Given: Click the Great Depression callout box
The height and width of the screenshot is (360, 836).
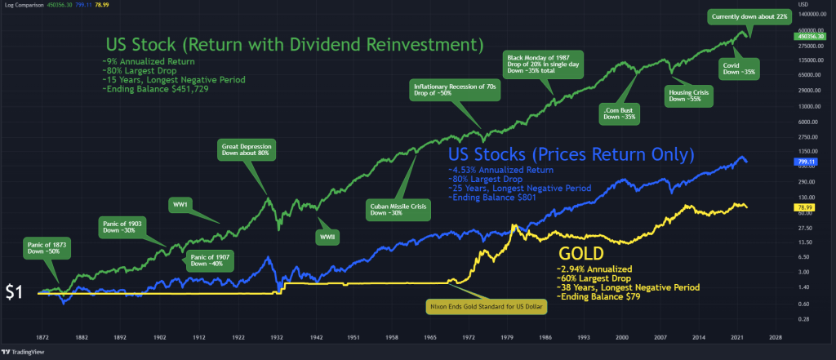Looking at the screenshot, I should (x=247, y=151).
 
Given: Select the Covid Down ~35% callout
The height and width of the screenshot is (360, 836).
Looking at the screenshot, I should (x=739, y=68).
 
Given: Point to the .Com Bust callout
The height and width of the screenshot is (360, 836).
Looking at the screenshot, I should (x=618, y=113).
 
